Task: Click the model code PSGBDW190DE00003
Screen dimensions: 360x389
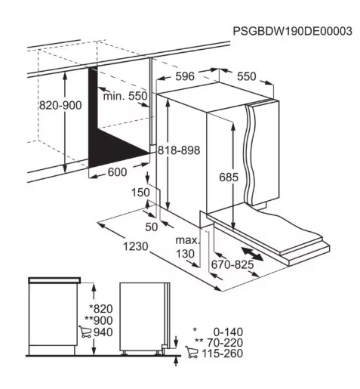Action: click(292, 31)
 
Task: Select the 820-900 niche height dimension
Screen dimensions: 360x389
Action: click(60, 105)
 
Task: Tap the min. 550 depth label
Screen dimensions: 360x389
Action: click(125, 96)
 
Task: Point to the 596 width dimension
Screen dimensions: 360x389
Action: click(185, 76)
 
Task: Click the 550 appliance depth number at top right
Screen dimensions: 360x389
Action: click(246, 76)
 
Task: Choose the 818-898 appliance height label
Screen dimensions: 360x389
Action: click(179, 150)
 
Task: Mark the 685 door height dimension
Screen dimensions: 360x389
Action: click(229, 178)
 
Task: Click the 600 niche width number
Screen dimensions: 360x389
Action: click(117, 172)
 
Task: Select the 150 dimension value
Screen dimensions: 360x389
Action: click(140, 193)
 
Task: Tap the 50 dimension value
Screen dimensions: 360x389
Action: click(152, 227)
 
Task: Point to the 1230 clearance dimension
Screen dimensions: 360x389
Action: click(136, 246)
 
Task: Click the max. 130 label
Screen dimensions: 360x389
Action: click(187, 247)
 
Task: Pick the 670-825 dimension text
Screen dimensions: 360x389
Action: click(232, 264)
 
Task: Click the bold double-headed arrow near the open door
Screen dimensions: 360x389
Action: click(252, 254)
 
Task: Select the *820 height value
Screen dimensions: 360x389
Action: click(101, 309)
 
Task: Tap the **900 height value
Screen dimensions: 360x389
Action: click(99, 320)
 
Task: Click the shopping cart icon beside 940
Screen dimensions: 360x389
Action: click(85, 332)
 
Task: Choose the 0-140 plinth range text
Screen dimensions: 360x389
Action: click(228, 332)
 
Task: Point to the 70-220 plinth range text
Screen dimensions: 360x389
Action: click(225, 343)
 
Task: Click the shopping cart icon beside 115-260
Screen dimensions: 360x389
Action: click(192, 352)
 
